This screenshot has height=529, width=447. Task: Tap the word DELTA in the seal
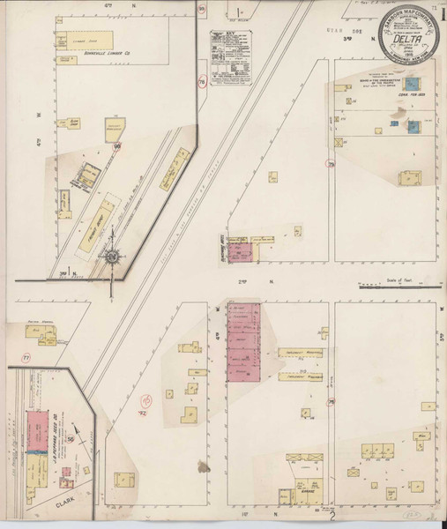click(406, 39)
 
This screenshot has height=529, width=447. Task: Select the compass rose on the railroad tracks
click(112, 257)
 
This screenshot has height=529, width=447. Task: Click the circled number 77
click(26, 357)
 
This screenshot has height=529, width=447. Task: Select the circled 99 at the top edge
click(202, 11)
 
